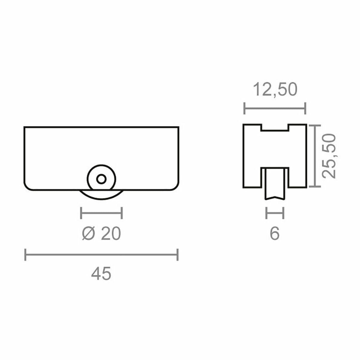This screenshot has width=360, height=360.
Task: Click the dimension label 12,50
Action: click(275, 90)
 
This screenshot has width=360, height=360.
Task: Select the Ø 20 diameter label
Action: click(101, 233)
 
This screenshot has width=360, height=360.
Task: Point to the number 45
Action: click(101, 274)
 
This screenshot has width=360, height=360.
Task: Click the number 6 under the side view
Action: click(274, 233)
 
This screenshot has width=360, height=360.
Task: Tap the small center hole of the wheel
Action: click(101, 179)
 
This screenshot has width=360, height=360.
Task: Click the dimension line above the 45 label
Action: click(101, 255)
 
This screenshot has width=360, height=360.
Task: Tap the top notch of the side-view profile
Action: click(275, 127)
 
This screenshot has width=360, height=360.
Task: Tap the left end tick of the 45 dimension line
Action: click(25, 255)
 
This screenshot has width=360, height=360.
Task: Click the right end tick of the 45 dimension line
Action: click(178, 255)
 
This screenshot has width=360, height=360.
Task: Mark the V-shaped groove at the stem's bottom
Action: click(274, 198)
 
